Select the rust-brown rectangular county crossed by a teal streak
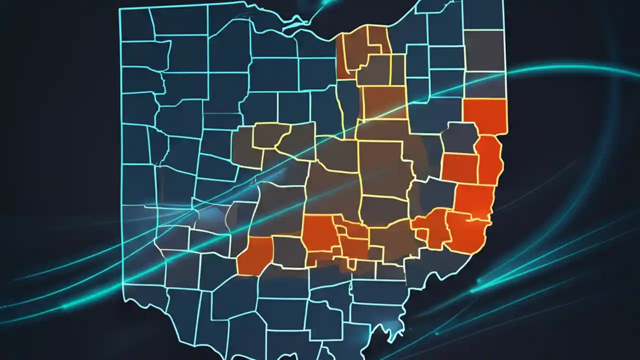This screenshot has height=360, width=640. tap(384, 102)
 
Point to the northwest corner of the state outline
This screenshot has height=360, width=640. tap(120, 9)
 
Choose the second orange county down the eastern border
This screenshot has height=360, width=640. tap(489, 160)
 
